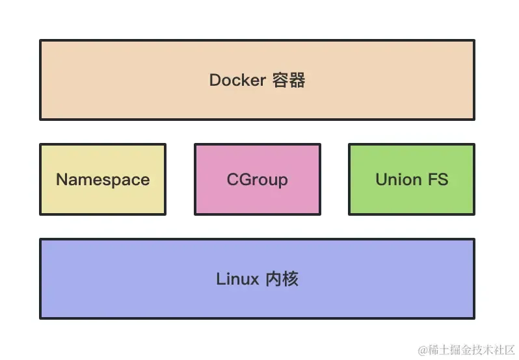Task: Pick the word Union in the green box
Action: point(398,179)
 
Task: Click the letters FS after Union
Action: point(438,179)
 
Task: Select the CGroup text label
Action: point(257,179)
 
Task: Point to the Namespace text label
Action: point(103,179)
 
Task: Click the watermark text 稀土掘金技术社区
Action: point(471,350)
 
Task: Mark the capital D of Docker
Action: point(215,80)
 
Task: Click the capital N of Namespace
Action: point(62,179)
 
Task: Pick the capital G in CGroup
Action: point(243,179)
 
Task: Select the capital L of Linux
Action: point(220,279)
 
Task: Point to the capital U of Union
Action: point(381,179)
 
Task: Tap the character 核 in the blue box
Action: point(291,279)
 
